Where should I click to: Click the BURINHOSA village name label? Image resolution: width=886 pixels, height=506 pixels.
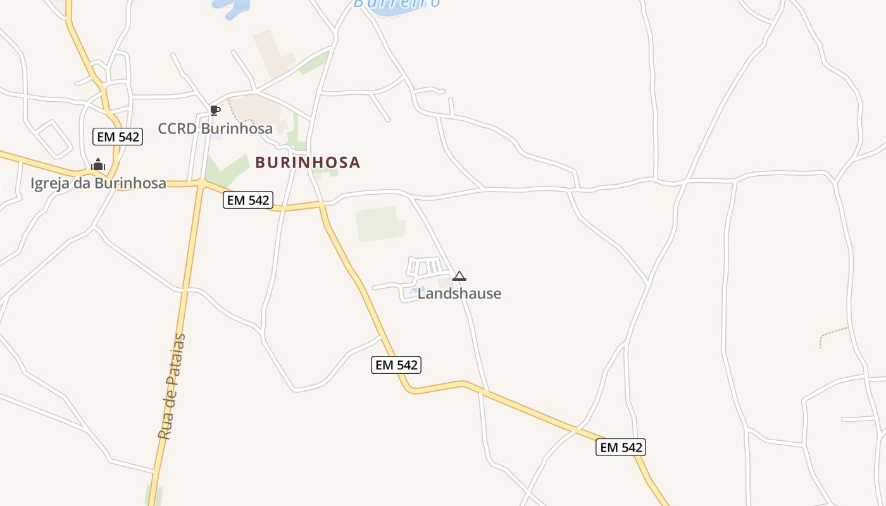pyautogui.click(x=308, y=163)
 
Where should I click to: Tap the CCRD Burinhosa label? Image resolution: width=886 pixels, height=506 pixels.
pyautogui.click(x=215, y=128)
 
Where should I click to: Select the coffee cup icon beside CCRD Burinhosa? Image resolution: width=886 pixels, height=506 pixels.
pyautogui.click(x=215, y=111)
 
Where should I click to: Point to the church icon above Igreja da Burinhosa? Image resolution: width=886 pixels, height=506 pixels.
pyautogui.click(x=98, y=165)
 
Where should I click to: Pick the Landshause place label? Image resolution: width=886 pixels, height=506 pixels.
pyautogui.click(x=459, y=293)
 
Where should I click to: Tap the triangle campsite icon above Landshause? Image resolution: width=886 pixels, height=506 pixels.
pyautogui.click(x=459, y=276)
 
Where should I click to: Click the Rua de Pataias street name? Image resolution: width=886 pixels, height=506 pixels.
pyautogui.click(x=172, y=386)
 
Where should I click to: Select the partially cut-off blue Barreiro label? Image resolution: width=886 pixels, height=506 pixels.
pyautogui.click(x=397, y=4)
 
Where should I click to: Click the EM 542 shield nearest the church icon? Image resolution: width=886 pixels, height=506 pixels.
pyautogui.click(x=118, y=136)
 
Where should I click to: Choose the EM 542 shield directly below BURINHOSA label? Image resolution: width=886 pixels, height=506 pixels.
pyautogui.click(x=248, y=201)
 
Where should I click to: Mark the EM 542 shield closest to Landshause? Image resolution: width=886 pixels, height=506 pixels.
pyautogui.click(x=396, y=365)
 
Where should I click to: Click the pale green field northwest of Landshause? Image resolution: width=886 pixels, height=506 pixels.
pyautogui.click(x=380, y=225)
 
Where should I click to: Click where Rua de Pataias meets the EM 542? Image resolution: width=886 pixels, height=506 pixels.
pyautogui.click(x=201, y=183)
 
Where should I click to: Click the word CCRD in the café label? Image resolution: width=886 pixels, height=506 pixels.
pyautogui.click(x=177, y=128)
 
